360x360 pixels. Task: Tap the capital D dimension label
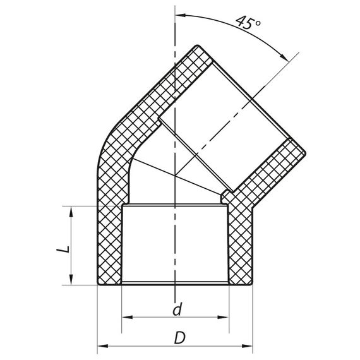click(x=179, y=337)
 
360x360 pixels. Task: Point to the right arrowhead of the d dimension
click(x=224, y=315)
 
